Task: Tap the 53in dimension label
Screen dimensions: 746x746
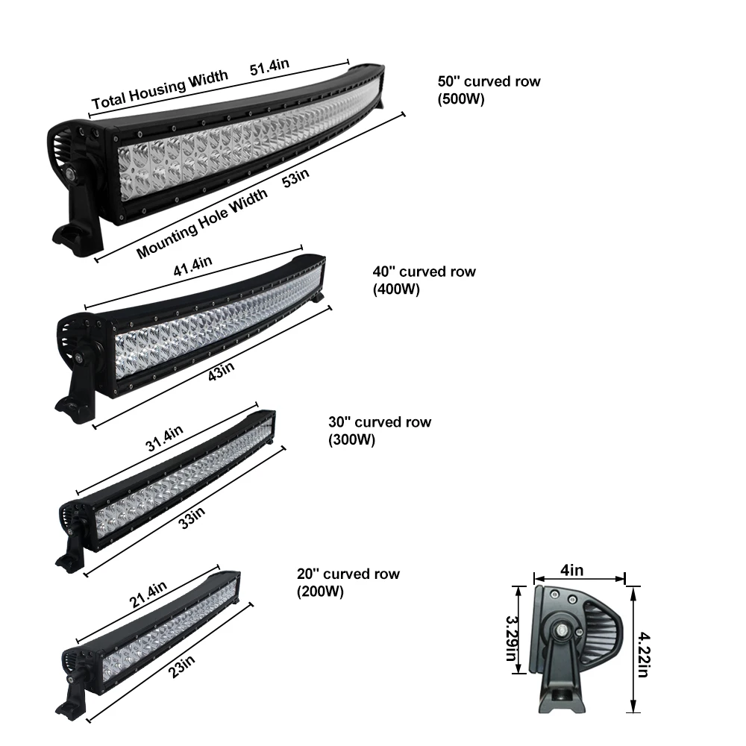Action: tap(295, 180)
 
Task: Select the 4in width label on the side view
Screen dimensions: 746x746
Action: tap(572, 571)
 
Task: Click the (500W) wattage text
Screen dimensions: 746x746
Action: tap(461, 98)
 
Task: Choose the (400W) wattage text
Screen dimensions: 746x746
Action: tap(395, 289)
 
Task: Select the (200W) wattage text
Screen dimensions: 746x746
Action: tap(320, 592)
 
